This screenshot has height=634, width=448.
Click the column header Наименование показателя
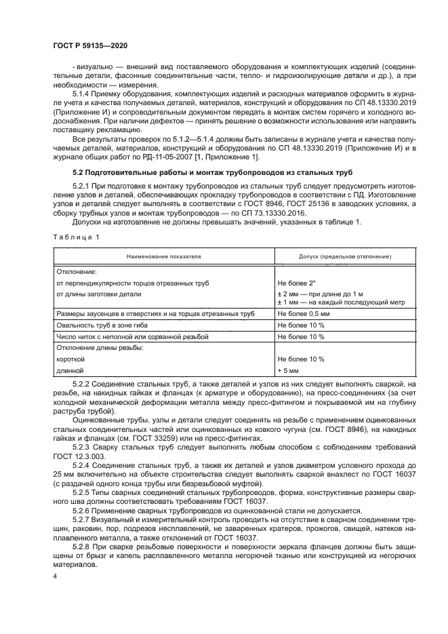(x=163, y=257)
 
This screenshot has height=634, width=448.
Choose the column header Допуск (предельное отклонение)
(x=335, y=257)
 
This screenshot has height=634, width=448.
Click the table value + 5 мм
(x=289, y=370)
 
